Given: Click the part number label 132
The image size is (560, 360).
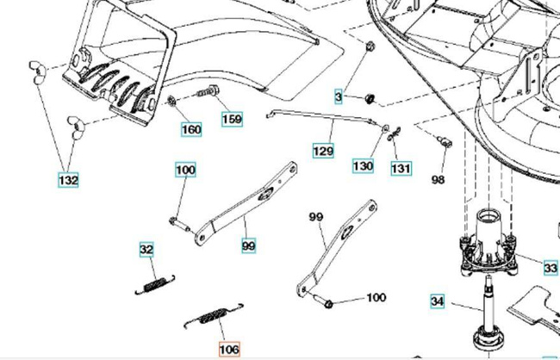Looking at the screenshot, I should pyautogui.click(x=68, y=181).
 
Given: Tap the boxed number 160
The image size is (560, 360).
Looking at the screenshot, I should pyautogui.click(x=190, y=130).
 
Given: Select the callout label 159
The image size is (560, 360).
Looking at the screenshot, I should pyautogui.click(x=231, y=119).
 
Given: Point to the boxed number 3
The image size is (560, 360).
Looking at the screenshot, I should pyautogui.click(x=339, y=96).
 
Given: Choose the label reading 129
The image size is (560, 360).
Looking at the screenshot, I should pyautogui.click(x=322, y=152).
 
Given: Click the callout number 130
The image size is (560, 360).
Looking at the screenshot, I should pyautogui.click(x=363, y=164).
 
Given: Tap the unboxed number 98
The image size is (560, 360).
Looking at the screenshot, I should pyautogui.click(x=438, y=179).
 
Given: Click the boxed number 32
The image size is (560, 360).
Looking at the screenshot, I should pyautogui.click(x=147, y=250).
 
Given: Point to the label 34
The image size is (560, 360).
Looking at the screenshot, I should pyautogui.click(x=438, y=301).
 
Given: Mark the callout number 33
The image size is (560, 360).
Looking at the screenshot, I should pyautogui.click(x=551, y=269).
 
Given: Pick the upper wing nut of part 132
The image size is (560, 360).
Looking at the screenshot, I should pyautogui.click(x=36, y=68).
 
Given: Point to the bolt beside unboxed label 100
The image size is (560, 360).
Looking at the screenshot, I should pyautogui.click(x=330, y=302).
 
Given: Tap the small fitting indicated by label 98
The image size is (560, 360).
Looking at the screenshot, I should pyautogui.click(x=445, y=141).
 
